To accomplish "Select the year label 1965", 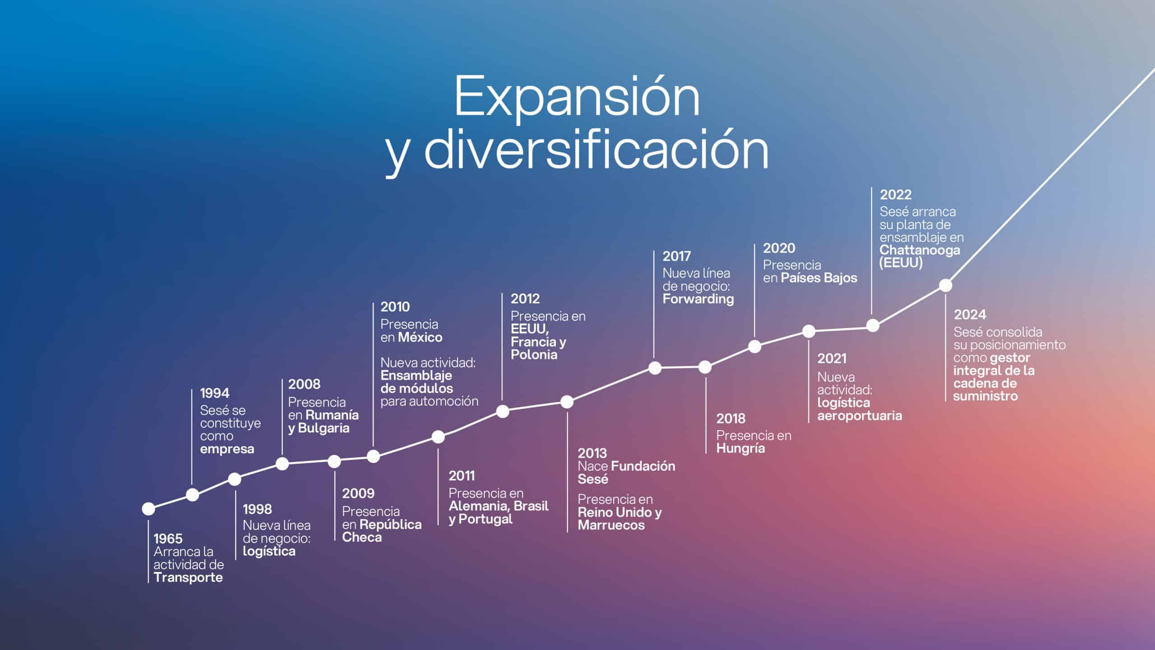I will [x=168, y=539].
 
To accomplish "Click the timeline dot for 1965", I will [x=148, y=509].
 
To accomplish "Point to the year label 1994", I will [x=215, y=393].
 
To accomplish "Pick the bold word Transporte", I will [x=188, y=577].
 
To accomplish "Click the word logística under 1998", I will [x=269, y=551].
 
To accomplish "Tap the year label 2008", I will [x=304, y=385].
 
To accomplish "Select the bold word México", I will [x=420, y=337].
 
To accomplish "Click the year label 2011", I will [x=462, y=476].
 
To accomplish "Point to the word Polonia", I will [x=534, y=354].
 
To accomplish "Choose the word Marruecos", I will [x=611, y=525].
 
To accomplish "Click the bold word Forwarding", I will [x=698, y=299].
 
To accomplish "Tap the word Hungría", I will [x=740, y=449].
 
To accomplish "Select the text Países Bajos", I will [x=818, y=278].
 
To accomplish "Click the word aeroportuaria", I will [x=859, y=416].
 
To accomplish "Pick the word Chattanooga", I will [x=919, y=250].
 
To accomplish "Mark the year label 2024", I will [x=970, y=315].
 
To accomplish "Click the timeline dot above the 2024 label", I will [x=945, y=285].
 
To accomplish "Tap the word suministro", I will [x=985, y=396].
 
